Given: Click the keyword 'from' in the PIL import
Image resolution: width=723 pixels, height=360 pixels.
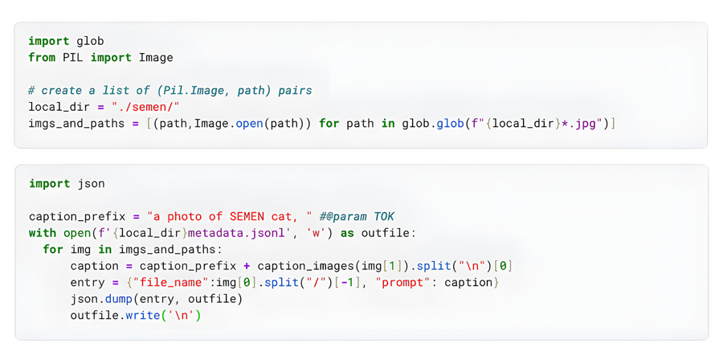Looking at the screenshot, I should (x=42, y=58).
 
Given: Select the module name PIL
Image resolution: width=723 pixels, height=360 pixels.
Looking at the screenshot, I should (x=73, y=58).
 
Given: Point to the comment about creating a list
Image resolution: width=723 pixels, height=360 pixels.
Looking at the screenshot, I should (x=170, y=91).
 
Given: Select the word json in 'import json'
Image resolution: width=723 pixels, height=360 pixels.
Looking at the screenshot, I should (x=91, y=184).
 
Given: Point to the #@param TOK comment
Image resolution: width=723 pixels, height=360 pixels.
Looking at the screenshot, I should (x=357, y=217).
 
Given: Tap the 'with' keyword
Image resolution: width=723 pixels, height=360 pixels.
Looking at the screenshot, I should (x=42, y=233).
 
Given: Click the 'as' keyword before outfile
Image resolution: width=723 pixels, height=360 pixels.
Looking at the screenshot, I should (x=347, y=233).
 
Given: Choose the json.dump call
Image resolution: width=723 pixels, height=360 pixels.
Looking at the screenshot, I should (x=101, y=299).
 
